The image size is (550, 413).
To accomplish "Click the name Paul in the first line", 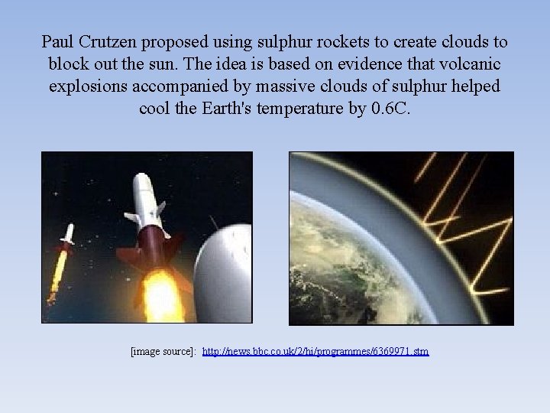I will (58, 41).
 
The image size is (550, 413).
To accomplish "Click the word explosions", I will (86, 86).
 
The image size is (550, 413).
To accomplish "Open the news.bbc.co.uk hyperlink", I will (315, 351).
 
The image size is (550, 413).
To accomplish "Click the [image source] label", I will (163, 351).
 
